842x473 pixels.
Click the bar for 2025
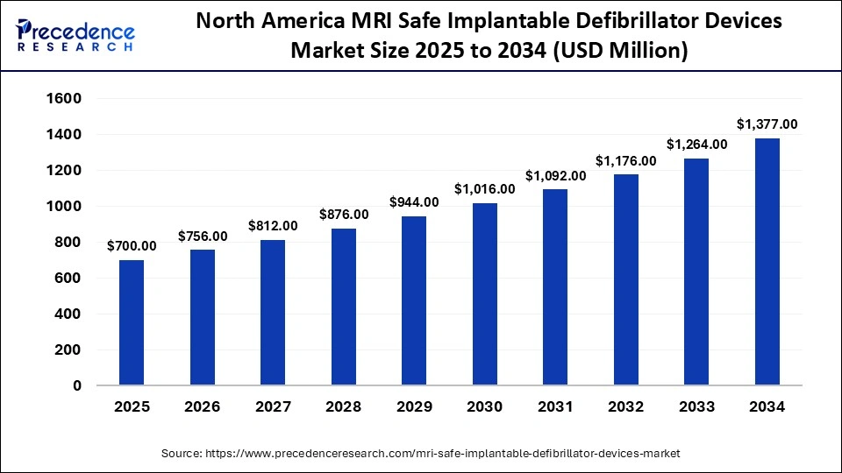tap(132, 322)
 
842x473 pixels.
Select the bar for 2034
tap(767, 262)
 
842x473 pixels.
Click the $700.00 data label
tap(132, 246)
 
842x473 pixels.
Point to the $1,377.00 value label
tap(766, 124)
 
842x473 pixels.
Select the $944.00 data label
tap(414, 202)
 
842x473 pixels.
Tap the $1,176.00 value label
tap(626, 160)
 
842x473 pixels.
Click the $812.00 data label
tap(273, 226)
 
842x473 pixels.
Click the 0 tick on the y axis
tap(77, 385)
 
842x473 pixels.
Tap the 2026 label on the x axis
tap(202, 407)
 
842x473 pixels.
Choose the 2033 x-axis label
tap(696, 407)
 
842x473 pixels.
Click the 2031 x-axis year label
tap(554, 407)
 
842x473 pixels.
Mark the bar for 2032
tap(625, 279)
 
